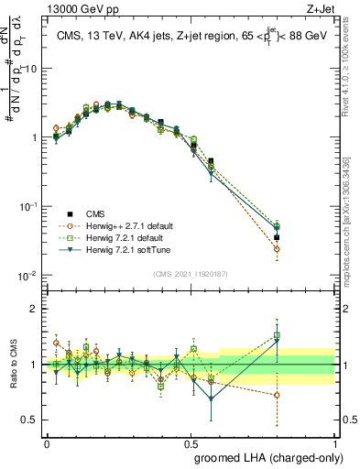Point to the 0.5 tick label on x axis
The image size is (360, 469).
[191, 443]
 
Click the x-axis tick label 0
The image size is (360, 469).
[48, 443]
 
